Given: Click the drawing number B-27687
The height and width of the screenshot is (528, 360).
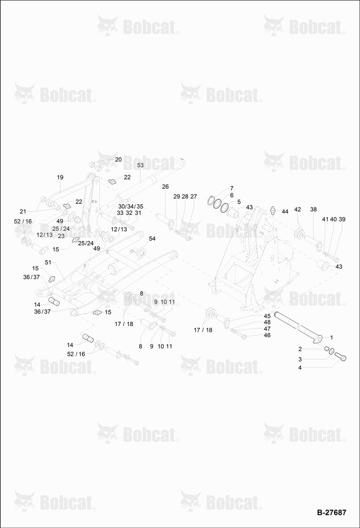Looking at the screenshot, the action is point(331,512).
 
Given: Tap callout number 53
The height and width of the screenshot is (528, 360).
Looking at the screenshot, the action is point(140,165).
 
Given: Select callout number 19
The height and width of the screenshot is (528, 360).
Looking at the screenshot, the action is point(60,177).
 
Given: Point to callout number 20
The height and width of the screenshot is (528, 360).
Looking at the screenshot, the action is point(118,159).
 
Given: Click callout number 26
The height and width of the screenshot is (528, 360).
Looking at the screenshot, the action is point(165,186).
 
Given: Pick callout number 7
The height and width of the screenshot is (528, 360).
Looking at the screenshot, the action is point(232,188).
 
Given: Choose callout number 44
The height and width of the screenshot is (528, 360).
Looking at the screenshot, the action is point(285,212).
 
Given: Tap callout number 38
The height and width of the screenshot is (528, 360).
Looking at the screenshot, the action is point(313,210).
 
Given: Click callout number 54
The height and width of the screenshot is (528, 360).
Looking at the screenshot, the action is point(152,239).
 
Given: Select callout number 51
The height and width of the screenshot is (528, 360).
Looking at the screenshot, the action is point(48,262).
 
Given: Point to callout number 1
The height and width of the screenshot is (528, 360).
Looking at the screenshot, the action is point(331,337).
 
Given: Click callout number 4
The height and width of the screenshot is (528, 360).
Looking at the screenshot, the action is point(300,367).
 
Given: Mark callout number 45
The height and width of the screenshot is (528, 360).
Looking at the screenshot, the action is point(267,316).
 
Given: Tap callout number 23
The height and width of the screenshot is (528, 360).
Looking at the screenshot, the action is point(61,236).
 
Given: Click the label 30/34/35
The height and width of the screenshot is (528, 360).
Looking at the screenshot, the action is point(131,206).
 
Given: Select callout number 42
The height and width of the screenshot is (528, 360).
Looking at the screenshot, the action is point(297,210).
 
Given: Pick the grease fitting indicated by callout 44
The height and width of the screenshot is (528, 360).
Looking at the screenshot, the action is point(273,210).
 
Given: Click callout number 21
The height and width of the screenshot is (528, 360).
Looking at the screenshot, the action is point(23,212).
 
